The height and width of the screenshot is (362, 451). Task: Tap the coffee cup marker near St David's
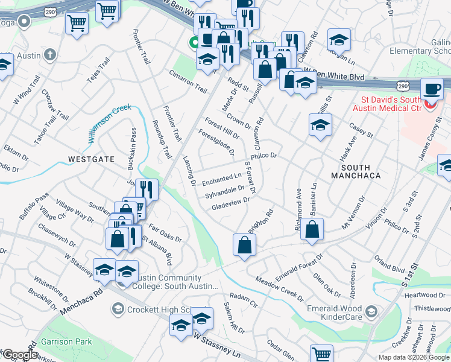pyautogui.click(x=431, y=89)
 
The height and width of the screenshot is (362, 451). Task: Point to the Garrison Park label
pyautogui.click(x=66, y=341)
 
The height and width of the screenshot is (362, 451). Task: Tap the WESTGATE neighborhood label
pyautogui.click(x=91, y=159)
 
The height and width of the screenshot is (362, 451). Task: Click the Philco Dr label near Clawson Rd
pyautogui.click(x=263, y=156)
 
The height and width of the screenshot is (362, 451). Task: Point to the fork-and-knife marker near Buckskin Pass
pyautogui.click(x=147, y=189)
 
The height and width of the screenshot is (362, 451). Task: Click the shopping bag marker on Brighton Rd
pyautogui.click(x=244, y=246)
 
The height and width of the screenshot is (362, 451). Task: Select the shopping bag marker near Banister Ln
pyautogui.click(x=312, y=230)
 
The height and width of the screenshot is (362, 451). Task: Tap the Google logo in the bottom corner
pyautogui.click(x=19, y=355)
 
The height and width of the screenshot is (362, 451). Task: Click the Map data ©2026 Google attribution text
pyautogui.click(x=413, y=357)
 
